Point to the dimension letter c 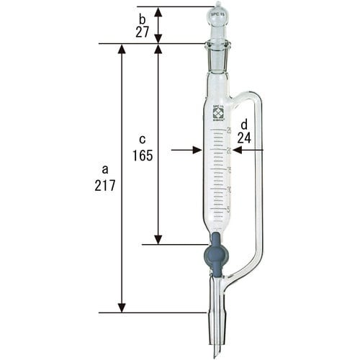(143, 138)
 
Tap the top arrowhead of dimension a (121, 48)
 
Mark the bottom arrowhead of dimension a (121, 308)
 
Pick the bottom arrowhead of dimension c (158, 240)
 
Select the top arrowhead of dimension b (158, 11)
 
